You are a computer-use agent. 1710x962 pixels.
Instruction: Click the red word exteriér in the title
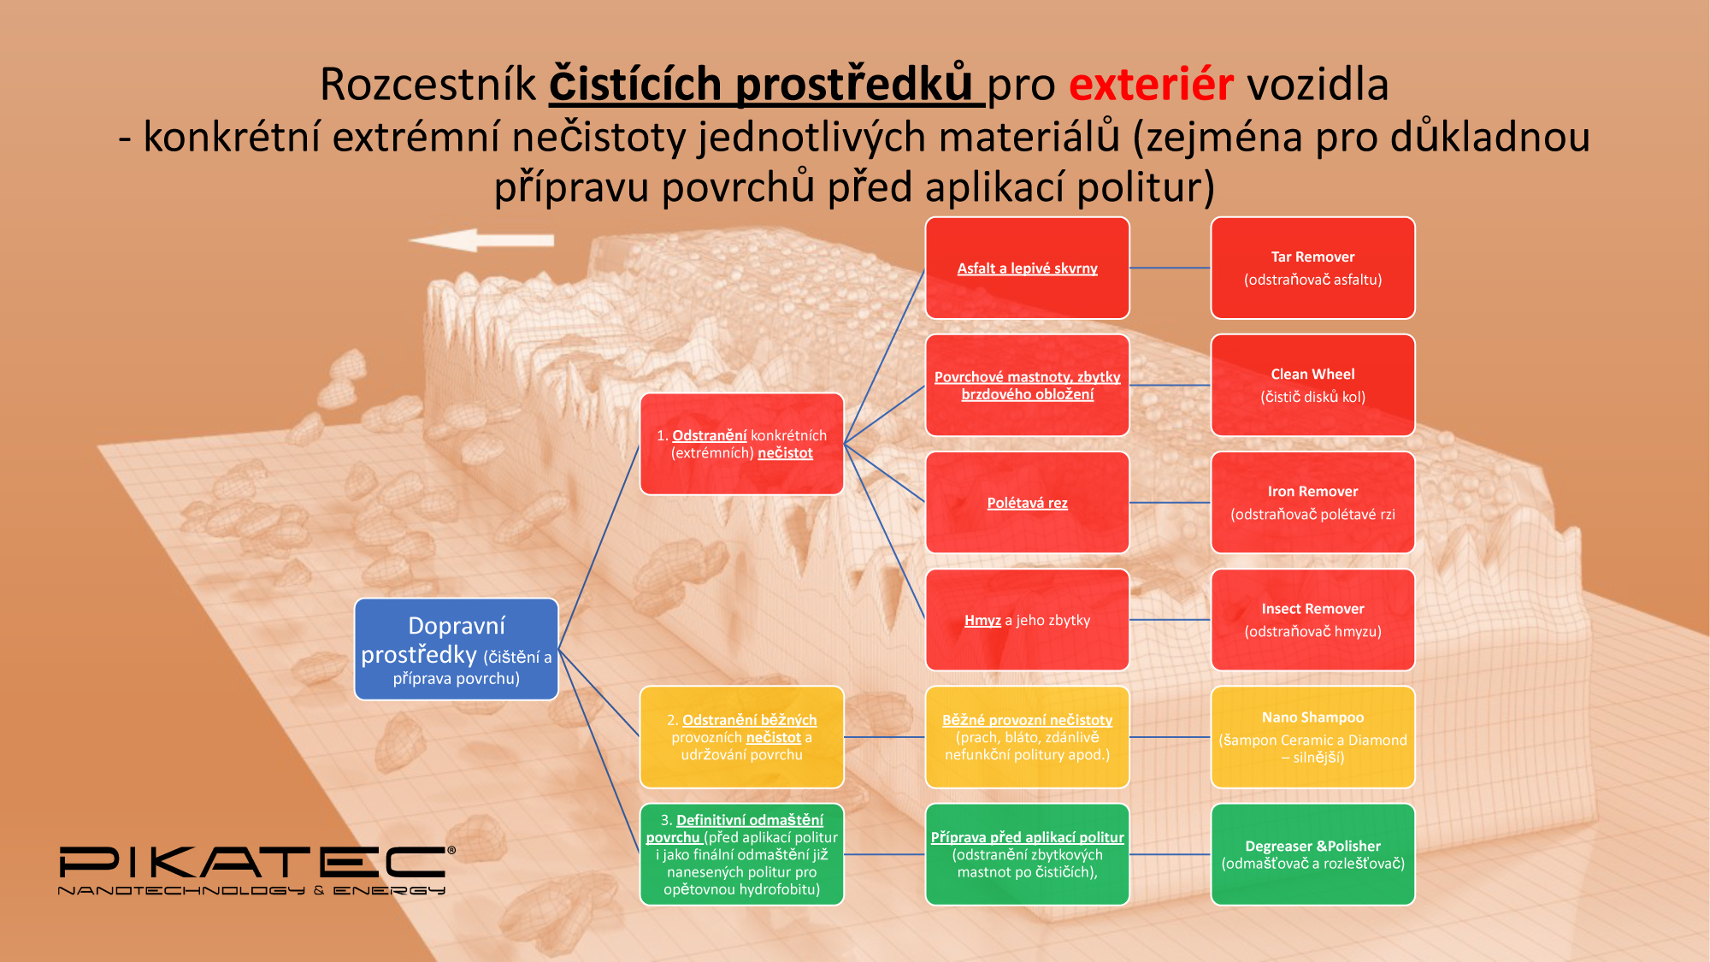(1151, 84)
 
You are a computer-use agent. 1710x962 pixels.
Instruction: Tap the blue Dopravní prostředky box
(457, 649)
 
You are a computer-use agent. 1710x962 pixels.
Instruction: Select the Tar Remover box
(1312, 268)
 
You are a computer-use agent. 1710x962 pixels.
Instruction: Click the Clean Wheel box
(1312, 385)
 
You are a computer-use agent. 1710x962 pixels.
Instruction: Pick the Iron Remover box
(1312, 502)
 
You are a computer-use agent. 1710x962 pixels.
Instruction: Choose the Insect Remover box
(1312, 619)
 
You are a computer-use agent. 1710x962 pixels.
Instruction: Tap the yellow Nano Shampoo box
(1312, 736)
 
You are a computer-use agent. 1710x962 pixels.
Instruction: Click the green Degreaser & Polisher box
(1312, 853)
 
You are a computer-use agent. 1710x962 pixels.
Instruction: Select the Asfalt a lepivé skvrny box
(1027, 268)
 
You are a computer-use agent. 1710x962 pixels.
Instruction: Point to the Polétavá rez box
(1027, 502)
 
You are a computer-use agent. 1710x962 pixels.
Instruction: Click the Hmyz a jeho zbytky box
(1027, 619)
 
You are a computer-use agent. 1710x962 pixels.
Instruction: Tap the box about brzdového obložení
(1027, 385)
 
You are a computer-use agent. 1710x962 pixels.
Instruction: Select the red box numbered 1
(742, 444)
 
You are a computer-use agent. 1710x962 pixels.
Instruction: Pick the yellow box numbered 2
(742, 736)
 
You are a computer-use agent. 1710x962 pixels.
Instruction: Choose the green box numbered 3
(742, 853)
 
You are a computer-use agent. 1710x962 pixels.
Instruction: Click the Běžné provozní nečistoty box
(1027, 736)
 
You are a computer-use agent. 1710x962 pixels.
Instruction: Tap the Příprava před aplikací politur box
(1027, 853)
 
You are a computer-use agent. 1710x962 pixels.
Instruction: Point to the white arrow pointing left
(481, 240)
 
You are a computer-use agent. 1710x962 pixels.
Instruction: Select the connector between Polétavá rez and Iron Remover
(1170, 503)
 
